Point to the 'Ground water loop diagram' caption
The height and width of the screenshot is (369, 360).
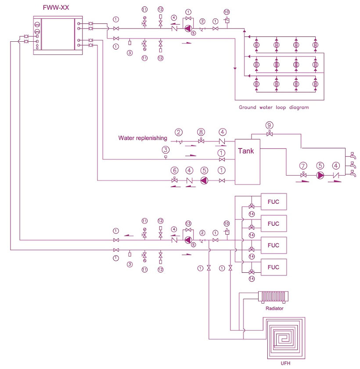pos(274,107)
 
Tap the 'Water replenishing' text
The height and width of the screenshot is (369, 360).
pos(143,138)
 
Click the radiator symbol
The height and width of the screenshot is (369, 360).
pos(274,297)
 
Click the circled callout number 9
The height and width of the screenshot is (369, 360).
pos(270,125)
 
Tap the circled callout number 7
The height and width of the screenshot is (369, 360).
pos(302,166)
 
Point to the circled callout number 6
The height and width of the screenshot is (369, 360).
pos(175,170)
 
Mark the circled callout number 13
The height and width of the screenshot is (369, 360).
pos(189,223)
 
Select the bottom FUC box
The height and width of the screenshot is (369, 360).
pos(274,267)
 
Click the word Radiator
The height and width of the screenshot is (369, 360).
pos(274,308)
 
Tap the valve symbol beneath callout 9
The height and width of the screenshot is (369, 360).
pos(270,134)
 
